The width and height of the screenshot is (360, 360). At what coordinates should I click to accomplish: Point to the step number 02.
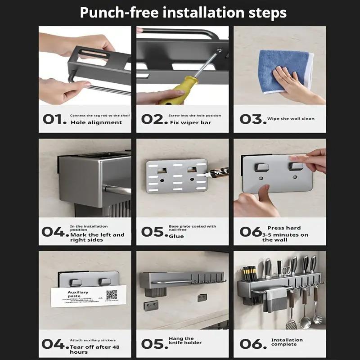(x=153, y=119)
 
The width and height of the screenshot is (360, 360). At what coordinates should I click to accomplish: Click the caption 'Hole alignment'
(x=96, y=122)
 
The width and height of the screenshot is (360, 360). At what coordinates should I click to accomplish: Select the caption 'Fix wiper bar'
(x=190, y=122)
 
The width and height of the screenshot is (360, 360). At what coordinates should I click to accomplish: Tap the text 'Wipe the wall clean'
(x=291, y=119)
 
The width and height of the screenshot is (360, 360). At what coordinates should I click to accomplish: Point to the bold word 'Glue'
(x=176, y=236)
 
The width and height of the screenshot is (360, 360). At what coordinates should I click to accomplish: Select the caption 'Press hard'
(x=284, y=228)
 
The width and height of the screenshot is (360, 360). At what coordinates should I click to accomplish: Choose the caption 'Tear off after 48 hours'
(x=94, y=350)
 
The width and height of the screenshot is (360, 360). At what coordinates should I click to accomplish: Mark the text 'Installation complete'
(x=287, y=342)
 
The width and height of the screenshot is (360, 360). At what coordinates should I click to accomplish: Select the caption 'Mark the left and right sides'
(x=97, y=237)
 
